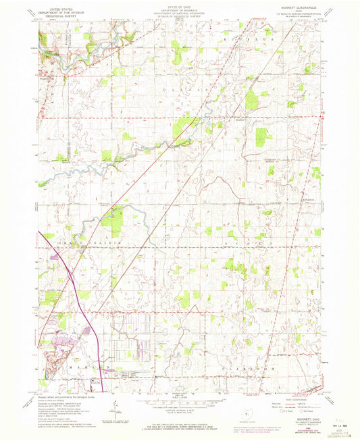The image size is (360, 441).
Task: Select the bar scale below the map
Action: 180,404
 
